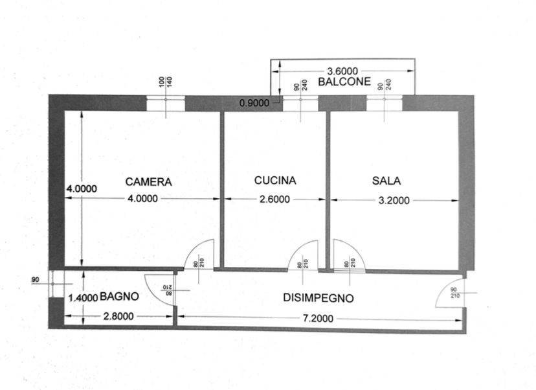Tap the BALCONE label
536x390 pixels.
coord(344,82)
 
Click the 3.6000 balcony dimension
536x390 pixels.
coord(343,71)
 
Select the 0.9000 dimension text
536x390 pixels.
coord(254,102)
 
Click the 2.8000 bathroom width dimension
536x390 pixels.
coord(118,317)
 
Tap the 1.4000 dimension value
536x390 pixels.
coord(83,298)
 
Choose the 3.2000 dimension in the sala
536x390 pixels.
coord(393,200)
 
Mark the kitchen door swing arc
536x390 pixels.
coord(302,254)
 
